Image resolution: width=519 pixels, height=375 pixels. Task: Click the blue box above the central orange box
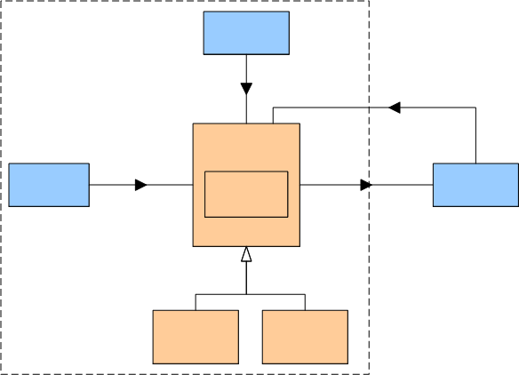[x=246, y=33]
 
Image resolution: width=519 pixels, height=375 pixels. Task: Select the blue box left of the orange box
[x=49, y=185]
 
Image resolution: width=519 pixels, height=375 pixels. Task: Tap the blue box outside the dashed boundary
[x=475, y=185]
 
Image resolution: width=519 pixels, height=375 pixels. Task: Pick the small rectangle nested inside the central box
[x=246, y=194]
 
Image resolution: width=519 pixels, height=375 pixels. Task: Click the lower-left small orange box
[x=196, y=337]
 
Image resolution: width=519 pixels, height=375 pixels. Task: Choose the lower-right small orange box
[x=305, y=337]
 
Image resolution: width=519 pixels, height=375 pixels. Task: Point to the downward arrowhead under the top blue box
[x=246, y=89]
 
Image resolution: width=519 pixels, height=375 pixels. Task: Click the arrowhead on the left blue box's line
[x=140, y=185]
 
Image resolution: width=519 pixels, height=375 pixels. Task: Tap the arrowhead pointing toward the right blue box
[x=365, y=185]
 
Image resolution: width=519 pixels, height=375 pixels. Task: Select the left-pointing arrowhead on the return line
[x=395, y=108]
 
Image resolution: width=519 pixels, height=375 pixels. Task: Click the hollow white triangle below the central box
[x=246, y=256]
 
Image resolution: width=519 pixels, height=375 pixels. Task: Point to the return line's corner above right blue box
[x=475, y=108]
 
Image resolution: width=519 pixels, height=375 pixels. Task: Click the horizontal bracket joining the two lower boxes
[x=250, y=294]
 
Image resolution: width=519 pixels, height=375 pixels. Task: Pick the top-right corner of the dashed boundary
[x=368, y=1]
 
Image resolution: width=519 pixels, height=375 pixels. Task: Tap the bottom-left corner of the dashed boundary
[x=1, y=373]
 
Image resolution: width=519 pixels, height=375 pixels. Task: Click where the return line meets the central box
[x=272, y=124]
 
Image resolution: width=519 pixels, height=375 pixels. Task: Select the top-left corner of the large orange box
[x=193, y=124]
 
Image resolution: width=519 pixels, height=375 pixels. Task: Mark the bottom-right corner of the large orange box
[x=299, y=246]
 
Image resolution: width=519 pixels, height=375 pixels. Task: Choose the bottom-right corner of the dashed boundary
[x=368, y=373]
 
